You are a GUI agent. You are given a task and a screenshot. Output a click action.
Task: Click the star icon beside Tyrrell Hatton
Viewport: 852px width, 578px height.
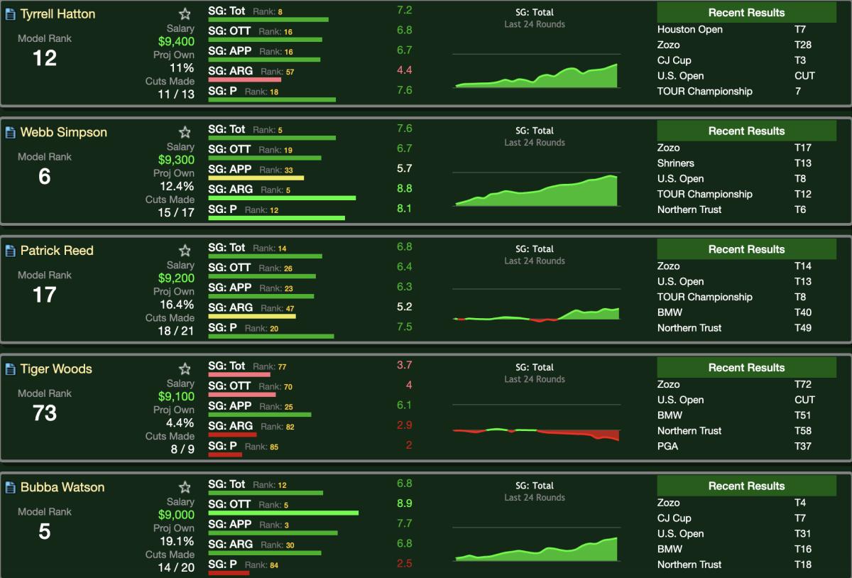point(185,14)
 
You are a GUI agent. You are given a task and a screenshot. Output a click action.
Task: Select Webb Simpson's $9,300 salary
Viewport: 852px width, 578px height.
point(176,160)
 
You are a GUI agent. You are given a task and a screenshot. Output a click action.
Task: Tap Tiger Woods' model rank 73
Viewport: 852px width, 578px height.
point(45,413)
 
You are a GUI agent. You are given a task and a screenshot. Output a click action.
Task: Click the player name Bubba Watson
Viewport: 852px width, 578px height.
point(62,487)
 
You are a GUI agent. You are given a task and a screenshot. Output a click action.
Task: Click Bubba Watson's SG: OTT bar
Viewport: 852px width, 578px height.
point(283,513)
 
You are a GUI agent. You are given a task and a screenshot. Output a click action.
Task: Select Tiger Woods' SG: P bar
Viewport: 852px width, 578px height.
point(225,454)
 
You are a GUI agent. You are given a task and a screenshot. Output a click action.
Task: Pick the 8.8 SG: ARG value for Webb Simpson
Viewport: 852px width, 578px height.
point(405,188)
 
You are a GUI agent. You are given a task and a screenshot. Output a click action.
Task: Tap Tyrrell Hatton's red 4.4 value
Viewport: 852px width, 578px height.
point(405,70)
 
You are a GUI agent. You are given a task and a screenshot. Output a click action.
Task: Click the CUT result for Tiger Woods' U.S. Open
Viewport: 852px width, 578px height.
point(804,400)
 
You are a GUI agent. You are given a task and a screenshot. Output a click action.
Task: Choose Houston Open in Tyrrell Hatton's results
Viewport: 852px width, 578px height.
point(689,29)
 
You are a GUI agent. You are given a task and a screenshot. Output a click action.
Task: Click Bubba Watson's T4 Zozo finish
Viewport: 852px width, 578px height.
point(800,503)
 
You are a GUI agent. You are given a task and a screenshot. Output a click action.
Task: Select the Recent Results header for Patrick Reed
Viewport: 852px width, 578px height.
point(746,249)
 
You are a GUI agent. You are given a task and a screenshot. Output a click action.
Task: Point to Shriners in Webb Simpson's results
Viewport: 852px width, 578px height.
point(675,163)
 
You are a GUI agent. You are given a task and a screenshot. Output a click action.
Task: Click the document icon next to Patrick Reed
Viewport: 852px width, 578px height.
point(11,251)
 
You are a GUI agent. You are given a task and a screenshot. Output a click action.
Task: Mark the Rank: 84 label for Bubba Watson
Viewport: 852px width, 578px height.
point(261,565)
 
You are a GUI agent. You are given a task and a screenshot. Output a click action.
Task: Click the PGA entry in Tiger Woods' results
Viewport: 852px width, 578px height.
point(667,446)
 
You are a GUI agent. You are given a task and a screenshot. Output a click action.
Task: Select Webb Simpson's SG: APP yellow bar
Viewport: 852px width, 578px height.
point(256,178)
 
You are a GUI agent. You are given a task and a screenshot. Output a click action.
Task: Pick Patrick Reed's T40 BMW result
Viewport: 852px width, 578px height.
point(803,312)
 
